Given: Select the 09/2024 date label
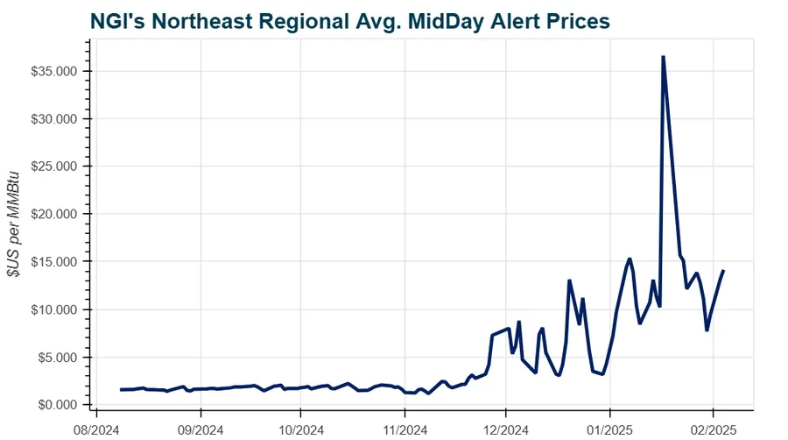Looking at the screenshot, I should [x=201, y=430].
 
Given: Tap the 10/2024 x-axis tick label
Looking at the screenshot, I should [x=300, y=430].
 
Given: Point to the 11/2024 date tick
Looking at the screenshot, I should [x=405, y=430].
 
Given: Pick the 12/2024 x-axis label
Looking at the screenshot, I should [x=506, y=430].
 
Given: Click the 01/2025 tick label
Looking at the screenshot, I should [x=609, y=430].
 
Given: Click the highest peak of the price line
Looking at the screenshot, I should [x=663, y=57].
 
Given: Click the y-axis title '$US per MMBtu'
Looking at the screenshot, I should [x=16, y=224].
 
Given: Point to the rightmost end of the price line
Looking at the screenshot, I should [x=723, y=271].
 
